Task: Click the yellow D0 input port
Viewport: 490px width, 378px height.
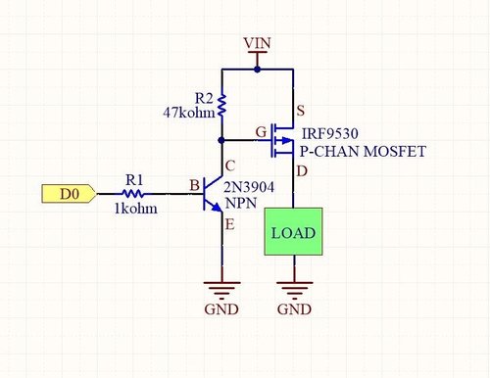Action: (x=68, y=194)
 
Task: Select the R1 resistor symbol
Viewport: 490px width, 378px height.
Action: (x=133, y=195)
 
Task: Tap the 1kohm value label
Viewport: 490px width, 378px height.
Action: (x=134, y=210)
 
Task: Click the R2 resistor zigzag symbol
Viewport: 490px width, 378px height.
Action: (x=222, y=103)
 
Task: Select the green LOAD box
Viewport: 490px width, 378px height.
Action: (x=293, y=234)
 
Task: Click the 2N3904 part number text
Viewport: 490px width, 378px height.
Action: (x=250, y=186)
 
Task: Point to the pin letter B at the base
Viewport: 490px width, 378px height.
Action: (x=194, y=184)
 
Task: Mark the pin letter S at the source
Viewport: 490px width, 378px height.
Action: (x=301, y=110)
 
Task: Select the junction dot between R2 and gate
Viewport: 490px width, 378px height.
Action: (x=222, y=141)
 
